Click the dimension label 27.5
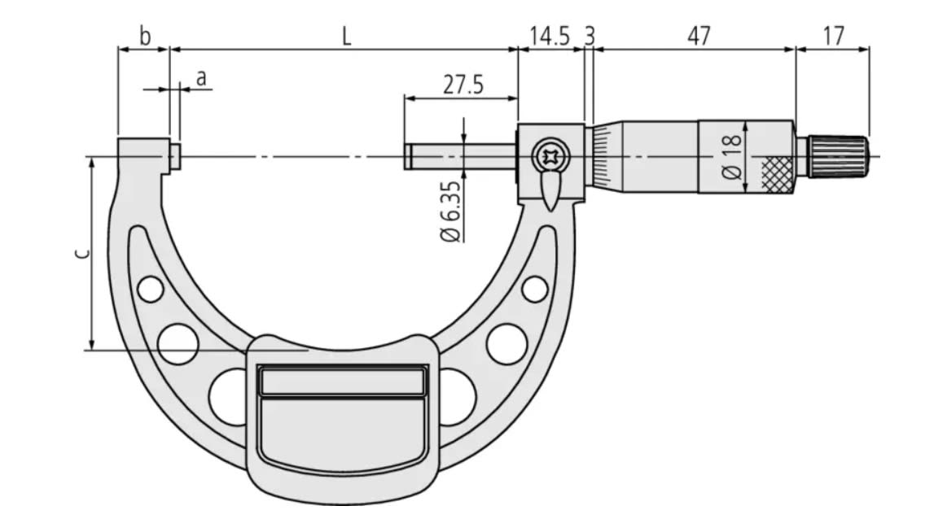tap(463, 85)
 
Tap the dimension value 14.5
tap(550, 37)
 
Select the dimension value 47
tap(699, 37)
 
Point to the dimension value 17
tap(833, 37)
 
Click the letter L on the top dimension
tap(346, 37)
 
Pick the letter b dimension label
tap(145, 36)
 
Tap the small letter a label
tap(201, 78)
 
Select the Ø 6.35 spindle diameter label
tap(451, 211)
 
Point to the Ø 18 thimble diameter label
tap(732, 157)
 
